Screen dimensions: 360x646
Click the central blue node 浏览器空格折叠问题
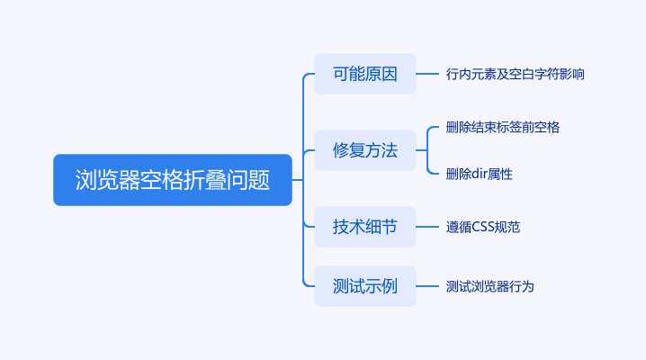point(173,180)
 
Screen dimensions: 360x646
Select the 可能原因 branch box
point(364,74)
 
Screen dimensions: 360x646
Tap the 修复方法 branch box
point(364,150)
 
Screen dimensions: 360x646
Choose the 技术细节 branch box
point(364,227)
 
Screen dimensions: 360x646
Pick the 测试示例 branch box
point(364,286)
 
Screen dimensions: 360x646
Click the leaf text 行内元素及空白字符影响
point(515,74)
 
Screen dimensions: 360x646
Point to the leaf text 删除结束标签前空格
point(502,127)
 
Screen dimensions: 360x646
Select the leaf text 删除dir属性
point(479,174)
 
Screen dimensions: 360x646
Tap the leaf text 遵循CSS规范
point(482,227)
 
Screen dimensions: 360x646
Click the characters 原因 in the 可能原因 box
point(381,74)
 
